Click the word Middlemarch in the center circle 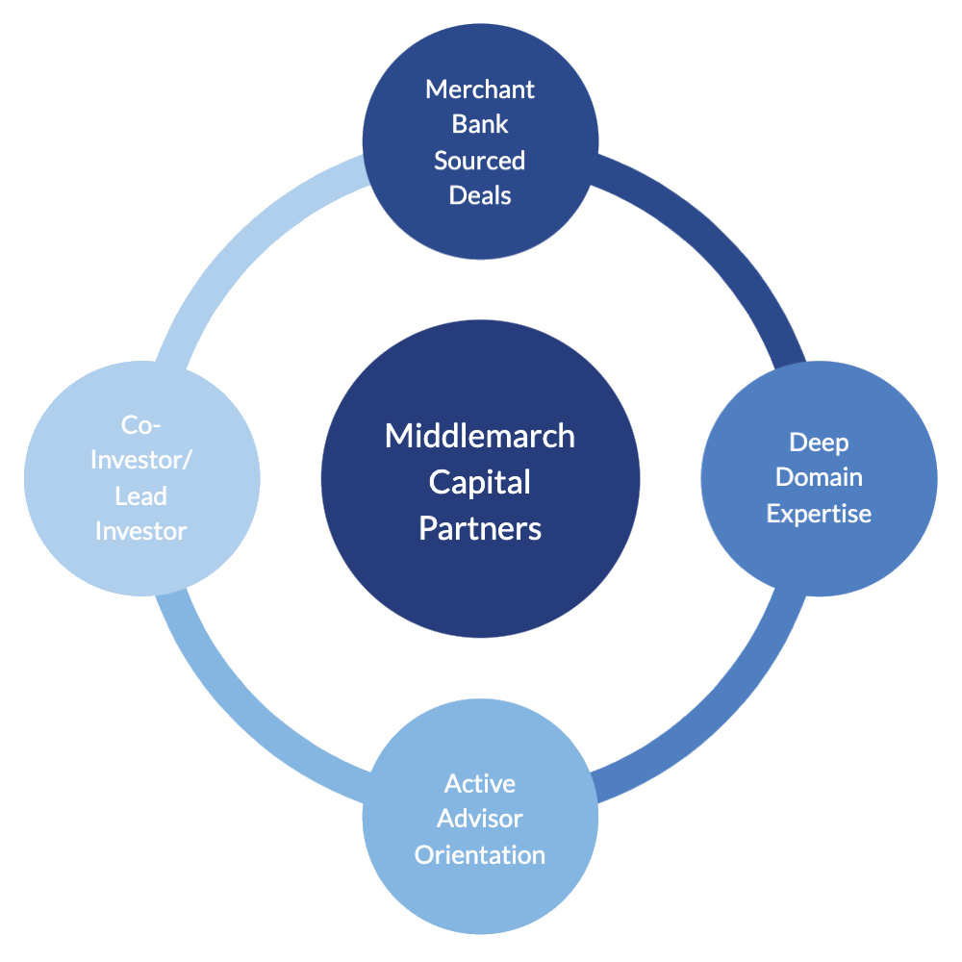[480, 436]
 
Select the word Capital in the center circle [480, 482]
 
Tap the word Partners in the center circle [480, 528]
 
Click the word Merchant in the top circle [480, 89]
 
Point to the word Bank [480, 124]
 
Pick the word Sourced [480, 160]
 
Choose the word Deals [480, 194]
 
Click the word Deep [819, 443]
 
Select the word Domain [819, 477]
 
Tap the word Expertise [819, 513]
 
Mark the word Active [480, 784]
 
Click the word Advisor [480, 819]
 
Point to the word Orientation [480, 854]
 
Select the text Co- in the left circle [141, 425]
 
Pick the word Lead [141, 496]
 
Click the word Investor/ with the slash [141, 460]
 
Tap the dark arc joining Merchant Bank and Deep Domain [717, 245]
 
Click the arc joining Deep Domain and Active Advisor [717, 717]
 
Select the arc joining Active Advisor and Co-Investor [245, 717]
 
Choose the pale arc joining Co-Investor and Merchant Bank [245, 245]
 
